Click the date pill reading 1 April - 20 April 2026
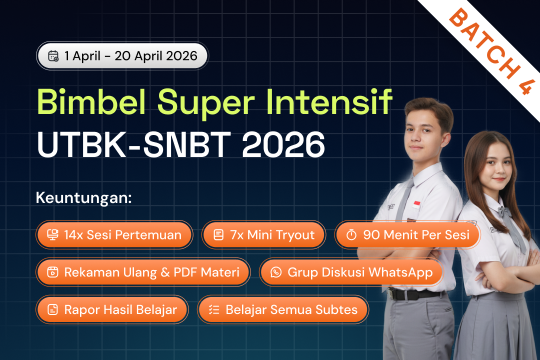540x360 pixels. click(122, 55)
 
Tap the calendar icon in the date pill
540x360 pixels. click(53, 55)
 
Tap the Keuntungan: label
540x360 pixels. click(83, 197)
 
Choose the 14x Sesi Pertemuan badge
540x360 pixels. click(114, 234)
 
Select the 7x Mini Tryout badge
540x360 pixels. click(264, 234)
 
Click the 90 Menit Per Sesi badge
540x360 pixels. click(407, 234)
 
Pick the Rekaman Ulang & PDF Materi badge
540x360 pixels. click(143, 272)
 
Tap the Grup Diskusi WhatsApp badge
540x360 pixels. click(351, 272)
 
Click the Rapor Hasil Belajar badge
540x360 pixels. click(112, 309)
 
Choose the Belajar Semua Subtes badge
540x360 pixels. click(283, 309)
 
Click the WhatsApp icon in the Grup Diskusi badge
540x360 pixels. click(276, 272)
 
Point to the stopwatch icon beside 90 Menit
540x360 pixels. click(351, 234)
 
